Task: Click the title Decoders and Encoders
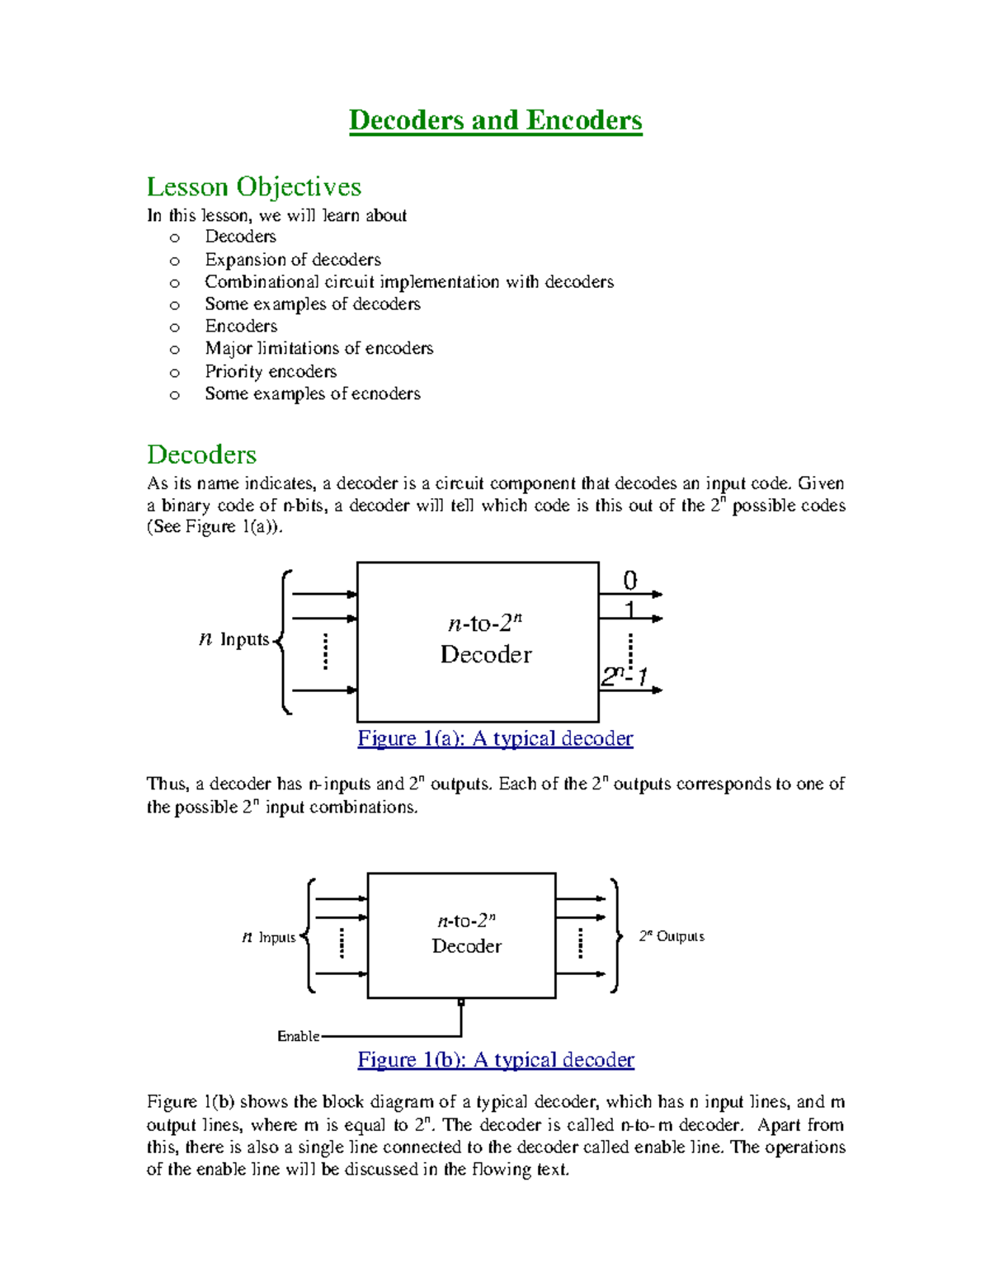tap(495, 120)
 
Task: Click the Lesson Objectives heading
tap(254, 186)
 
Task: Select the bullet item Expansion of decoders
tap(292, 259)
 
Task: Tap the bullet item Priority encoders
tap(271, 371)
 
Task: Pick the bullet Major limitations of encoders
tap(318, 348)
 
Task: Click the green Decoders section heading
tap(201, 454)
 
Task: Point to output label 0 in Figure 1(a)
tap(629, 581)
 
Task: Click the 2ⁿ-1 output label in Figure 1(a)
tap(624, 676)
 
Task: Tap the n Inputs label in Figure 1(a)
tap(235, 639)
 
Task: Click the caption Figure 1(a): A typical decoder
tap(495, 738)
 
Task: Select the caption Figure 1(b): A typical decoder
tap(495, 1059)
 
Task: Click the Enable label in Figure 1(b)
tap(298, 1036)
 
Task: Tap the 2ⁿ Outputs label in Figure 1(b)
tap(672, 936)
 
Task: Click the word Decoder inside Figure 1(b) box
tap(466, 946)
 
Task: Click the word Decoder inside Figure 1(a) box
tap(486, 654)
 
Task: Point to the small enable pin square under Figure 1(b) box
tap(461, 1002)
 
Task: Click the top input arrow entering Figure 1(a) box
tap(325, 594)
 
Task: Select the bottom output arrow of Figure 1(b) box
tap(581, 973)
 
